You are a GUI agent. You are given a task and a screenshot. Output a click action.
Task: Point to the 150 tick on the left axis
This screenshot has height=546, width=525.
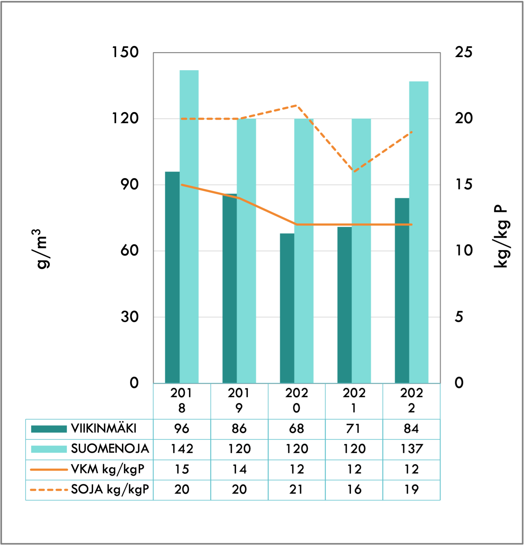point(125,52)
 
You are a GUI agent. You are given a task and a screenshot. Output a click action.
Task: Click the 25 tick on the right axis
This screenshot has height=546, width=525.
point(464,52)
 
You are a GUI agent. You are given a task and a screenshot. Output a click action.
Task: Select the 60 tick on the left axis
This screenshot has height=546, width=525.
point(129,251)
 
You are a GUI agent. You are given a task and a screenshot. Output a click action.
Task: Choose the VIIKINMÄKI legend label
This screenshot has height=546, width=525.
point(104,429)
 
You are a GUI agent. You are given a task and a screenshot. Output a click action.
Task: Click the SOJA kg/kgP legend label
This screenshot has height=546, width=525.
point(110,490)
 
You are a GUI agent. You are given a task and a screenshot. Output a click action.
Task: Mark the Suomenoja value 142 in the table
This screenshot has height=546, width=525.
point(182,449)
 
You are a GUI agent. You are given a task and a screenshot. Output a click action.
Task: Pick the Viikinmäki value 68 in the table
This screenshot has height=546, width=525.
point(296,429)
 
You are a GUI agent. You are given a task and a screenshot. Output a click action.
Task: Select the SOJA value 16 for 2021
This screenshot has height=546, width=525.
point(354,490)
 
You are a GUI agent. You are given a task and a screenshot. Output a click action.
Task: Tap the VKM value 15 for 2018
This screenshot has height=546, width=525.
point(182,469)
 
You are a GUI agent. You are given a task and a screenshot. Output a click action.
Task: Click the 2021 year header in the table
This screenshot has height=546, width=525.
point(354,400)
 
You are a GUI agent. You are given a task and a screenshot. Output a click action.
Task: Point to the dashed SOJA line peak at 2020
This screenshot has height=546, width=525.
point(297,106)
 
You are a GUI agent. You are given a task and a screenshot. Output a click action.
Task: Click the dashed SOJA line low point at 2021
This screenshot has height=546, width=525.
point(354,171)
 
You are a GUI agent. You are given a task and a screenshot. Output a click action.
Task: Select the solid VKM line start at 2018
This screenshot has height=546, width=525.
point(182,185)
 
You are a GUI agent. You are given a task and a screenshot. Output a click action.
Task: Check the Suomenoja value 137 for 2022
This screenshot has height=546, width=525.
point(412,449)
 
